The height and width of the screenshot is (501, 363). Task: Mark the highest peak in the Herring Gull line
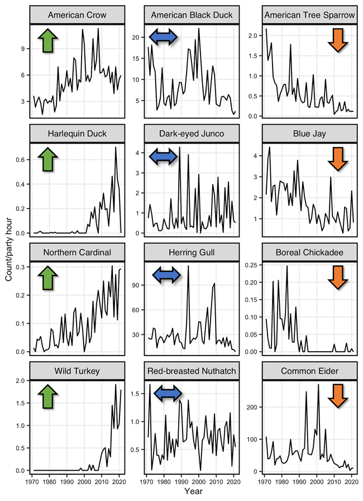(x=188, y=266)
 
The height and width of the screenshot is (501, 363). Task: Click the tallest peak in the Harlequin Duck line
(x=116, y=147)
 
